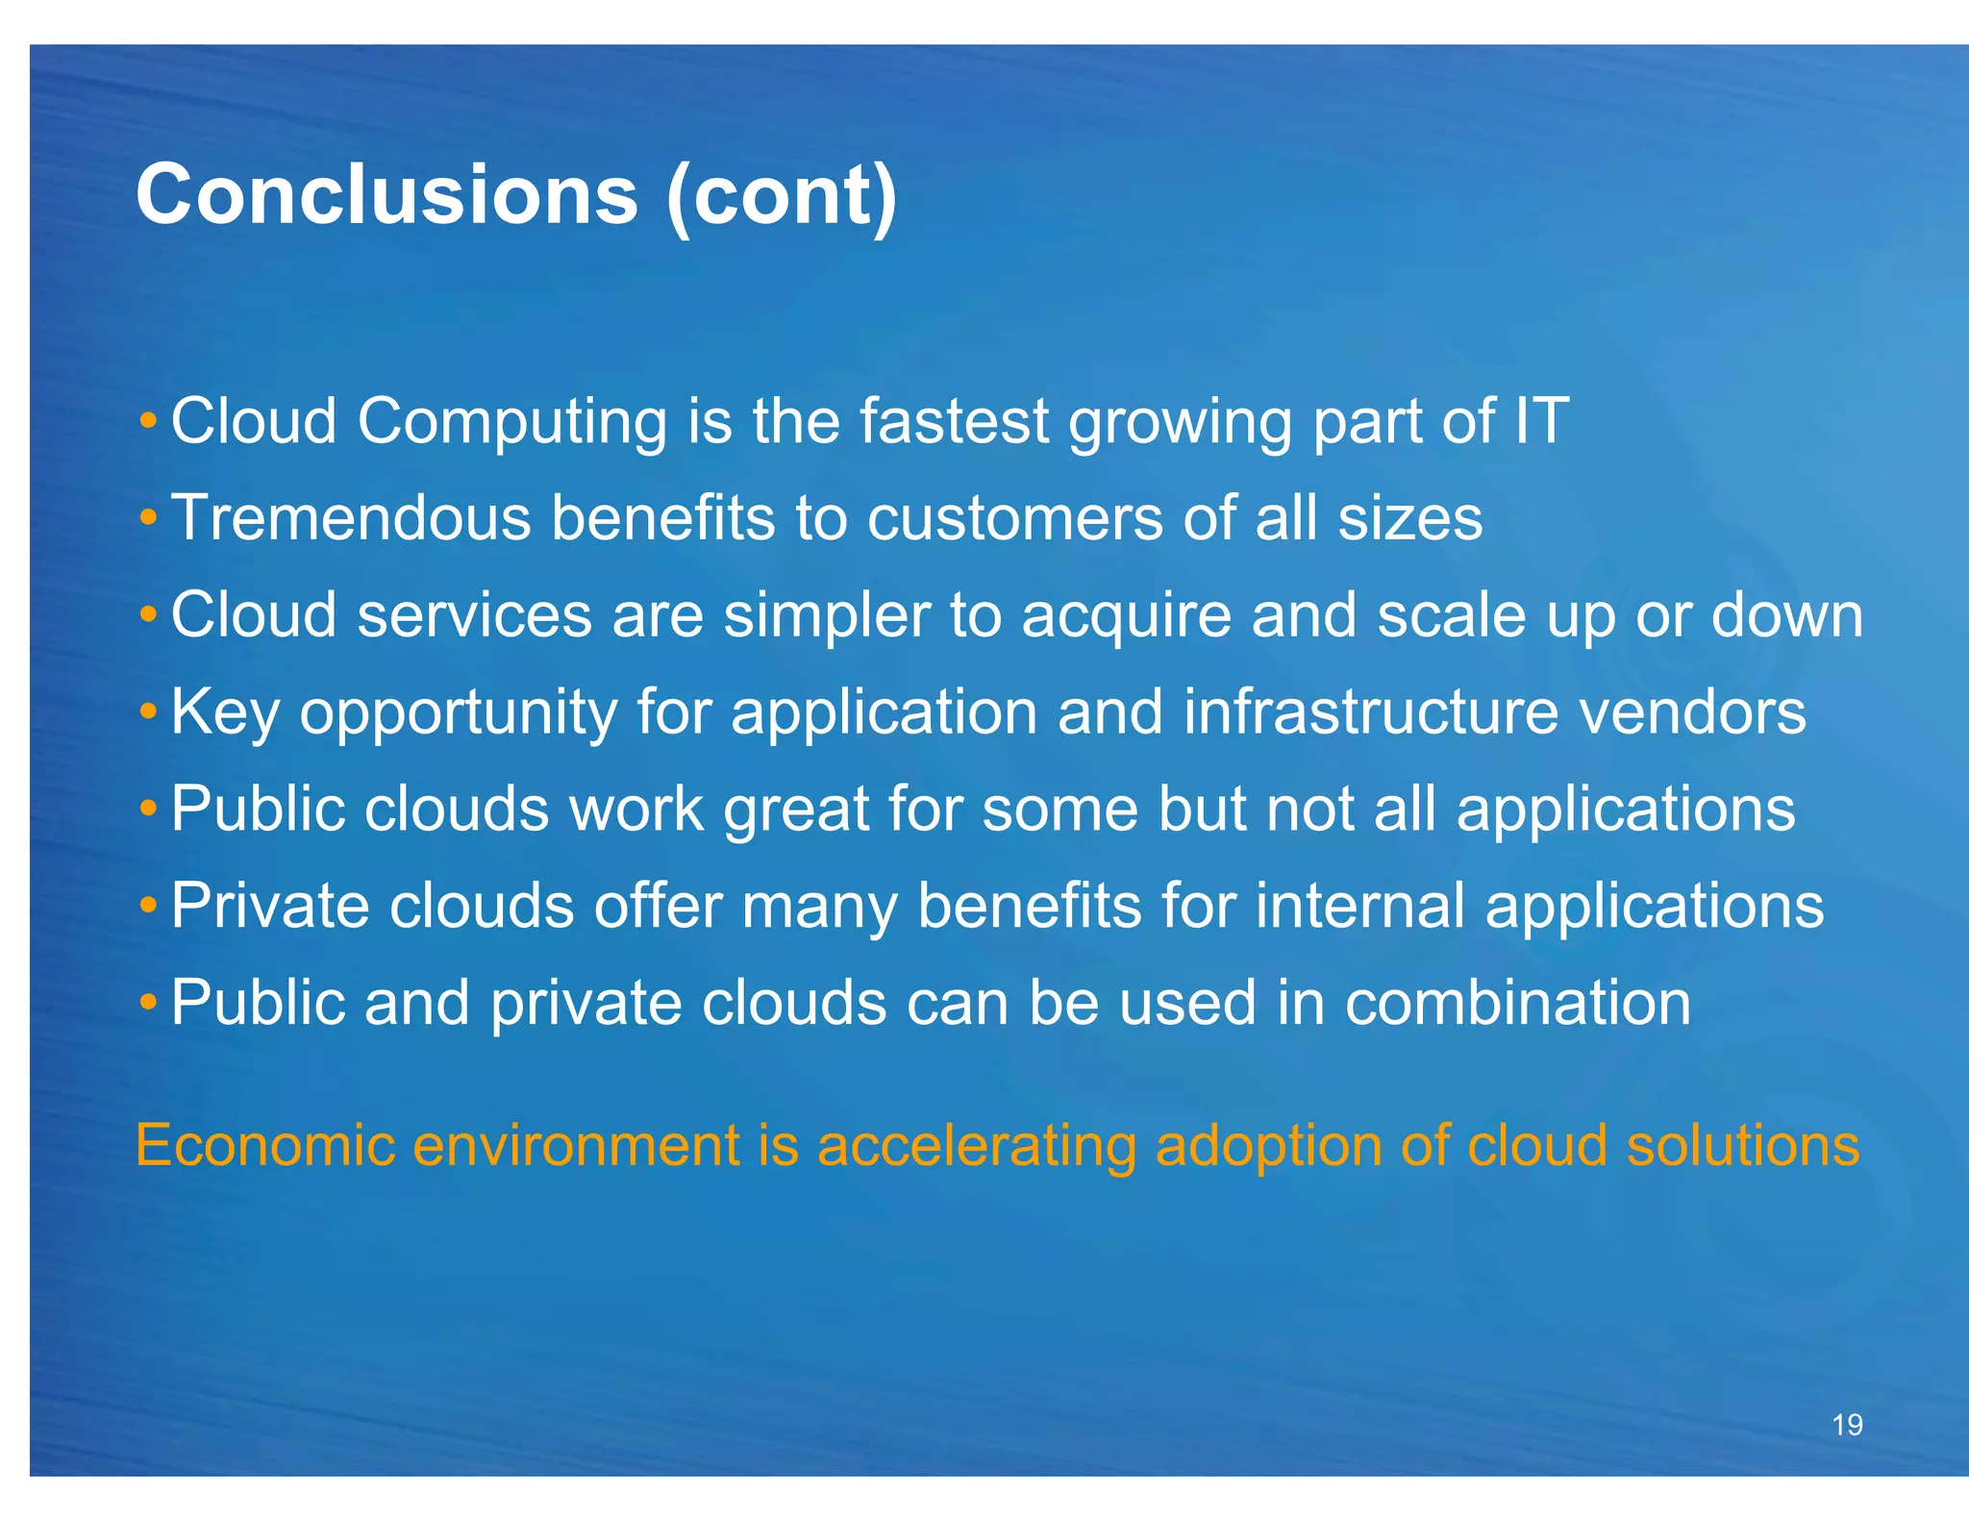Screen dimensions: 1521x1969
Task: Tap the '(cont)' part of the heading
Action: pos(781,197)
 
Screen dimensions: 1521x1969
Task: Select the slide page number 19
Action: pos(1847,1425)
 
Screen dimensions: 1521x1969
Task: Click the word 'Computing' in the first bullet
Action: pos(511,422)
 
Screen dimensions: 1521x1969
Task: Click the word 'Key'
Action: pos(225,713)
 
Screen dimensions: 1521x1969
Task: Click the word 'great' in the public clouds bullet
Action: pos(795,810)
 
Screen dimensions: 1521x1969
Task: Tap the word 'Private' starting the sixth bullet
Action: pos(270,906)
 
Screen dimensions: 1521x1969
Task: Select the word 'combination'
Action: pos(1517,1003)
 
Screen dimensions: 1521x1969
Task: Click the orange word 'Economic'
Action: pos(265,1145)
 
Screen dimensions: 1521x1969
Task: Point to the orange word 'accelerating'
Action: pos(976,1147)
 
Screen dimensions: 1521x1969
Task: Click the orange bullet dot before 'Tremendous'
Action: pos(147,518)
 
